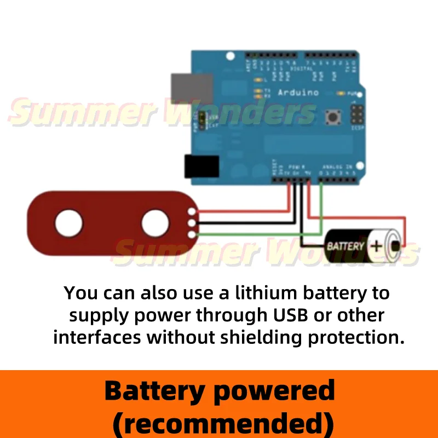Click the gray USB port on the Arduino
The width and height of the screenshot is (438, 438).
point(191,88)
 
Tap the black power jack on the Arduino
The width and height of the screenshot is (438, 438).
point(201,166)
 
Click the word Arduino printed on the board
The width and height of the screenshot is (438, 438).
point(298,93)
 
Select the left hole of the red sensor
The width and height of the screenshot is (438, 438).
point(68,223)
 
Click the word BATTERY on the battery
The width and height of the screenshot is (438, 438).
point(345,246)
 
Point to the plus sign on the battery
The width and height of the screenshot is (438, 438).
point(376,246)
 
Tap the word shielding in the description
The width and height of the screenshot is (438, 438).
point(263,337)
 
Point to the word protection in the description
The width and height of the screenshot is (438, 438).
point(356,337)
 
